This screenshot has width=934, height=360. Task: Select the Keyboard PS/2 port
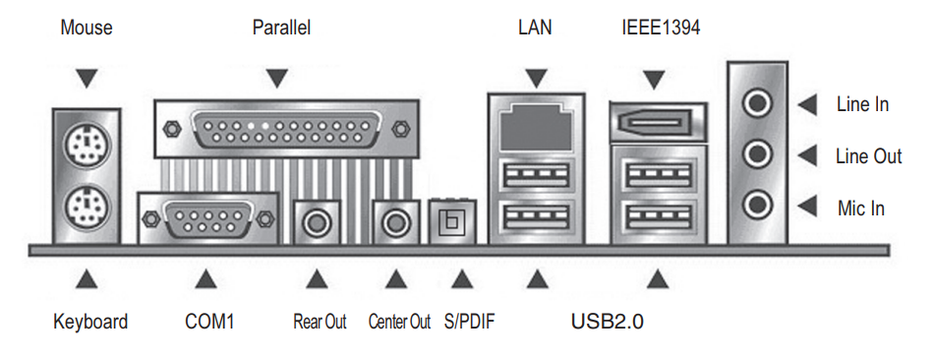(x=86, y=210)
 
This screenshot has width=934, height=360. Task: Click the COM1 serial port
(x=207, y=218)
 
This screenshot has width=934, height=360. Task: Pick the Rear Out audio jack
(x=317, y=223)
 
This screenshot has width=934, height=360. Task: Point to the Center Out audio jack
(x=393, y=223)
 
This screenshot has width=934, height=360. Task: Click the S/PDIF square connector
(x=452, y=222)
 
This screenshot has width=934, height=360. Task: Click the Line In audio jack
(x=757, y=104)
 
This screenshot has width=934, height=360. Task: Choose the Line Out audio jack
(x=757, y=155)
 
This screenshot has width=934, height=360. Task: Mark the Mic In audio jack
(x=757, y=205)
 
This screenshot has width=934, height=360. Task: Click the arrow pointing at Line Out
(x=807, y=156)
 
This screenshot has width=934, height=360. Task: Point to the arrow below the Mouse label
(x=87, y=79)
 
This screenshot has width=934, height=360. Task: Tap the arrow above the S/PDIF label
(x=461, y=279)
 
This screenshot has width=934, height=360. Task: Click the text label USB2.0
(x=607, y=323)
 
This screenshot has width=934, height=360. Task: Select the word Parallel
(x=282, y=28)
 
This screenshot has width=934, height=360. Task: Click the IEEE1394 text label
(x=661, y=28)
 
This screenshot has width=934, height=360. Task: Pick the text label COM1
(x=209, y=323)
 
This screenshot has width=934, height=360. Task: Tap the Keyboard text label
(x=90, y=323)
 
